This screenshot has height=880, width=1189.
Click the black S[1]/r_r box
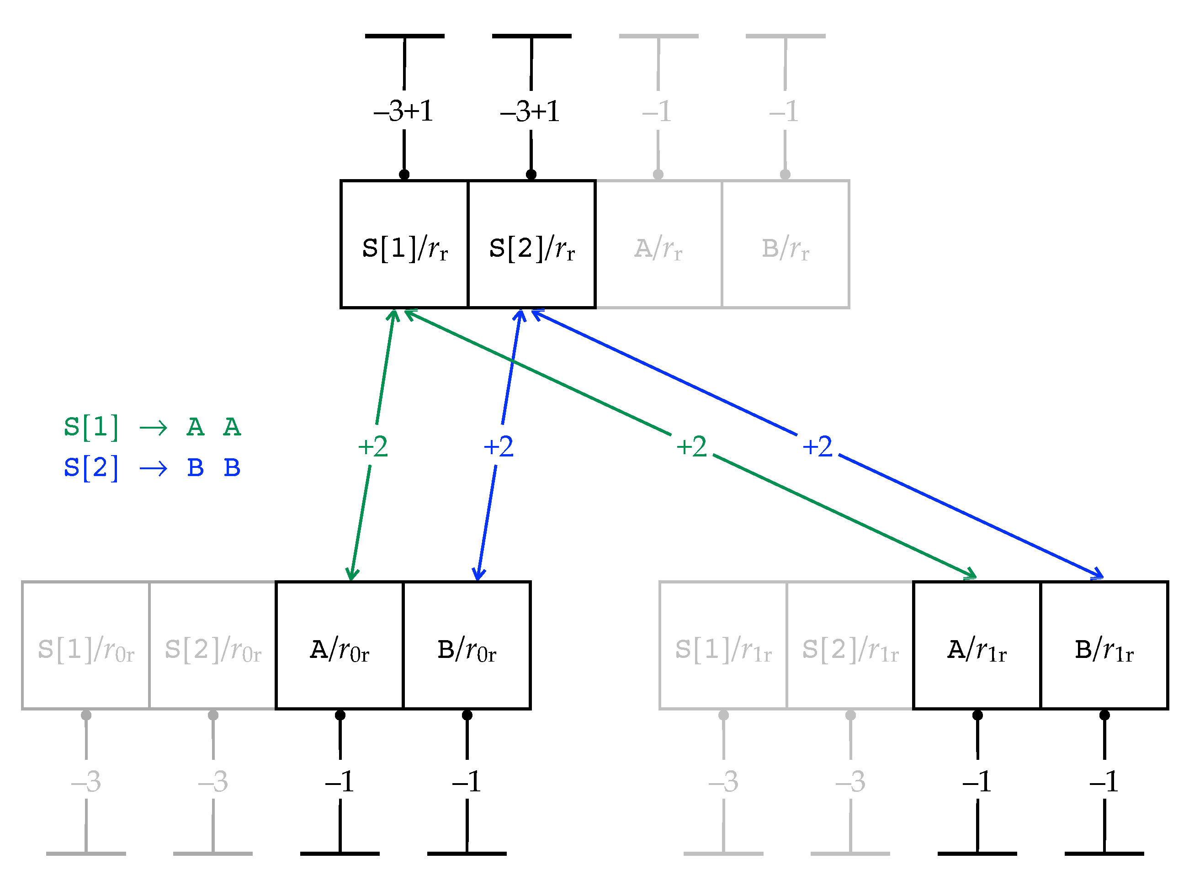point(404,244)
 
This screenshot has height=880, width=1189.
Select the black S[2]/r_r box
point(531,244)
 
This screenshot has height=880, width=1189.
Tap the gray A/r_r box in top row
point(658,244)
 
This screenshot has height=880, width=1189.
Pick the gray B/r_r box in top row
point(785,244)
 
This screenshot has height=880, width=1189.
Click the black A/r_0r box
point(340,646)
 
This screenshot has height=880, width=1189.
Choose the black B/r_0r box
point(467,646)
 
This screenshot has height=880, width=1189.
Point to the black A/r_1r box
point(977,646)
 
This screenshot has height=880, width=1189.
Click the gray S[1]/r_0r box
point(86,646)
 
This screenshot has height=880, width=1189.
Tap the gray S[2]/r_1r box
point(850,646)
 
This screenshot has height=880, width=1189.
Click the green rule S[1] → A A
point(152,427)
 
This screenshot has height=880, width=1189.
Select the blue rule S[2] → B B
point(152,468)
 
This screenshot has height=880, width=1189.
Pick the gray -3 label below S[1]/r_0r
point(86,781)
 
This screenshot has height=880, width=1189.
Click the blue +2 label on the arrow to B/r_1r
point(817,446)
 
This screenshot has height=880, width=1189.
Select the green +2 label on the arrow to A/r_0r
point(373,446)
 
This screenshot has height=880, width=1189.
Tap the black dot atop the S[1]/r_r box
point(404,174)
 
